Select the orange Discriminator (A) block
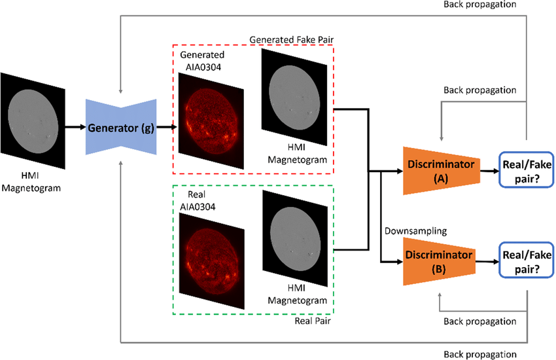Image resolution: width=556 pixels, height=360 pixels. coord(442,167)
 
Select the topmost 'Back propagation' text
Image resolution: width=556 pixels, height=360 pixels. coord(481,5)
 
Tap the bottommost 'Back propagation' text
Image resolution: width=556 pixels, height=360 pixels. coord(481,354)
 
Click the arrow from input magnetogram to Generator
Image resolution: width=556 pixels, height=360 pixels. coord(75,127)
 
